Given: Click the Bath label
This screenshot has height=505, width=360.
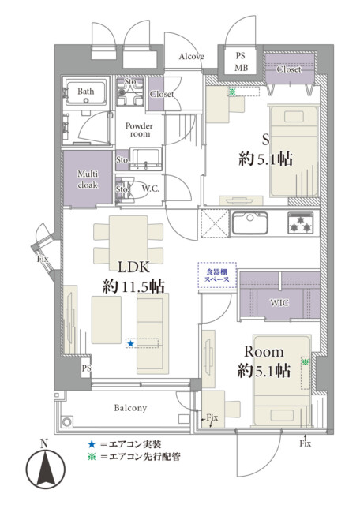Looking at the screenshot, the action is tap(86, 92).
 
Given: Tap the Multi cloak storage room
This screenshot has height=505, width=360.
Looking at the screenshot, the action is tap(88, 179).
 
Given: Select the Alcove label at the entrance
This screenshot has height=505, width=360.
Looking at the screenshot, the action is tap(191, 57).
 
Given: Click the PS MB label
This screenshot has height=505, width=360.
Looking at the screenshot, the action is tap(241, 62).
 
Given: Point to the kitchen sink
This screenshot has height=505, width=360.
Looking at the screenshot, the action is tap(249, 223).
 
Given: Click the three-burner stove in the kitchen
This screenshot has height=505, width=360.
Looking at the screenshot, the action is tap(300, 223).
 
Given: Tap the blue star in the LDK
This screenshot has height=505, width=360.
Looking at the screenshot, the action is tap(130, 344).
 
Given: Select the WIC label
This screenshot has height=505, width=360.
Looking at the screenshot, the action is tap(279, 303).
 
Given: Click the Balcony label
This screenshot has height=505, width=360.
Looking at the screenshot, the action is tap(130, 408).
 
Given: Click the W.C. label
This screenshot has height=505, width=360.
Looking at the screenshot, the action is tap(151, 189).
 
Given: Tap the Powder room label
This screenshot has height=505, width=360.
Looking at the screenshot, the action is tap(139, 129).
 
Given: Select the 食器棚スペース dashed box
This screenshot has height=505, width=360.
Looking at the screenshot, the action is tap(217, 275).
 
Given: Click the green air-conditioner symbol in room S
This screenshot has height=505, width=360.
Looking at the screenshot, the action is tap(232, 92).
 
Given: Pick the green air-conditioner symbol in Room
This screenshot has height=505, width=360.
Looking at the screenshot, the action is tap(305, 362).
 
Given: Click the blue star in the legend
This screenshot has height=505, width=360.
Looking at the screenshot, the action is tap(92, 444).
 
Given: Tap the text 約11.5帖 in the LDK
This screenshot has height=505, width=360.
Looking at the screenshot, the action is tap(133, 286).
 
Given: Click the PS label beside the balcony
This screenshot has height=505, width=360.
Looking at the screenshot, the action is tap(86, 368).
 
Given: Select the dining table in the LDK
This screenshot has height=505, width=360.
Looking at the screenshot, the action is tap(128, 240).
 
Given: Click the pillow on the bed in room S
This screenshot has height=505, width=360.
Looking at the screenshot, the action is tap(294, 116).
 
